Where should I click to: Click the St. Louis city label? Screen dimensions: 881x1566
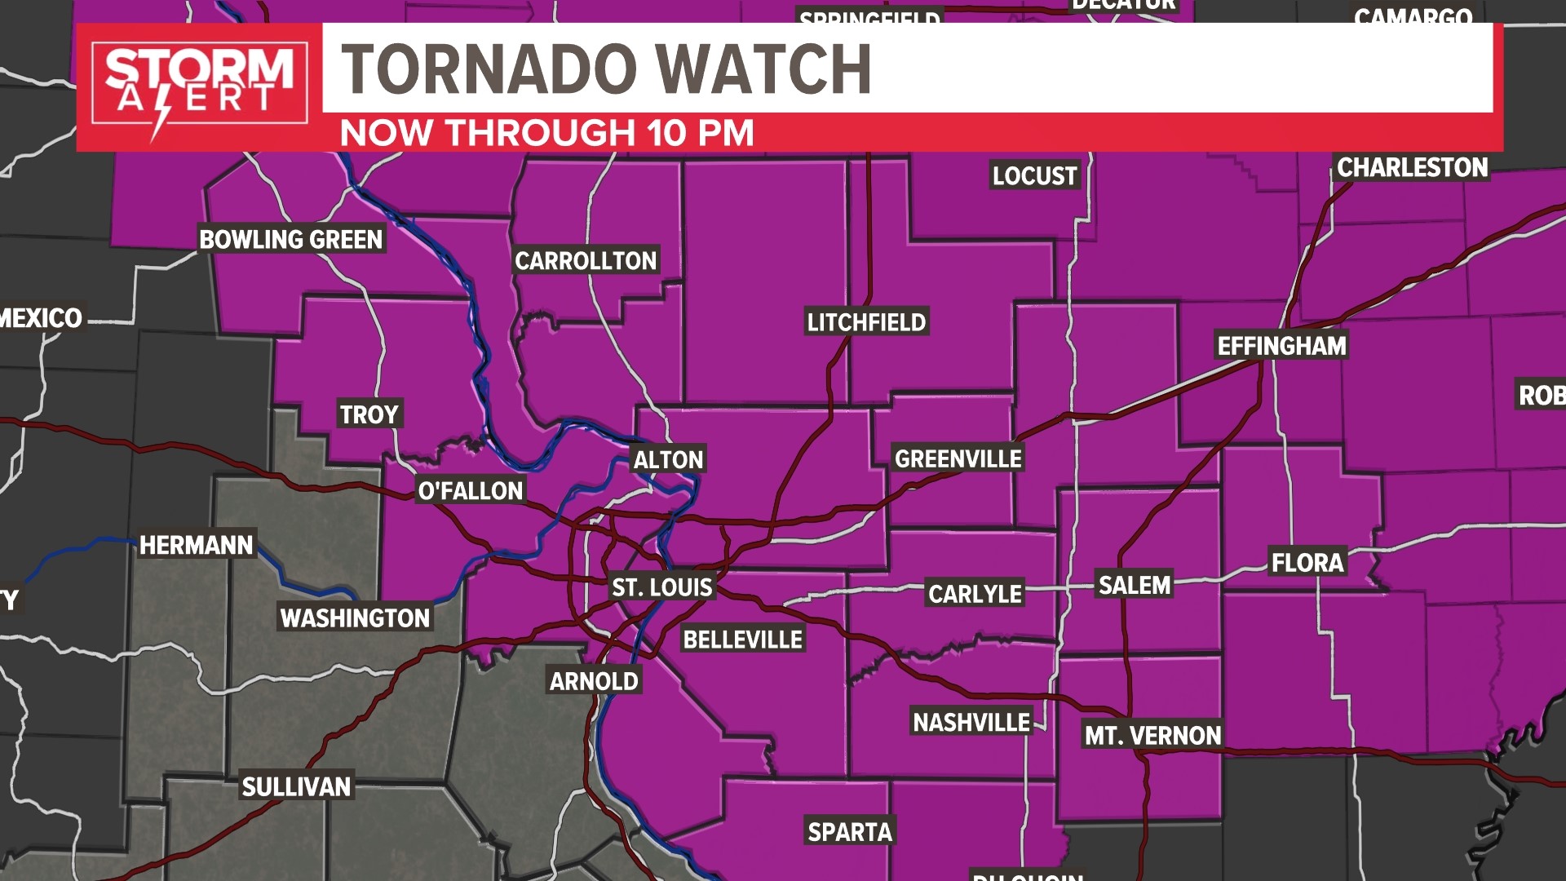(x=661, y=587)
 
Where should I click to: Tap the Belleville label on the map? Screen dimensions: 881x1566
(x=742, y=640)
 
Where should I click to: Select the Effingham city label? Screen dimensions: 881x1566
(x=1281, y=346)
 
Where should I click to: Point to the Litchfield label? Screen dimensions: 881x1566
(x=866, y=322)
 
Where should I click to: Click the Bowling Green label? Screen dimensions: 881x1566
(x=291, y=239)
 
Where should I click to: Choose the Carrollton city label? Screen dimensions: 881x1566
(x=586, y=261)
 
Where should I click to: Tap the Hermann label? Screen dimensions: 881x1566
(x=197, y=545)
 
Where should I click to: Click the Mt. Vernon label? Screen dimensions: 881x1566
(x=1152, y=736)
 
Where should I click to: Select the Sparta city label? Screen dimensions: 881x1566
(x=850, y=832)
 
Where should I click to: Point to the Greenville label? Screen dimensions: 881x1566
(x=958, y=459)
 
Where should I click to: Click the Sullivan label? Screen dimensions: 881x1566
(x=296, y=786)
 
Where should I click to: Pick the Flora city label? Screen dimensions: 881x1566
(x=1307, y=563)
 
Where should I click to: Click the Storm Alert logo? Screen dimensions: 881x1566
(x=199, y=86)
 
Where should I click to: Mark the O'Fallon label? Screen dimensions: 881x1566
(x=471, y=490)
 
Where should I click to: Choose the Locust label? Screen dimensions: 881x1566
(x=1034, y=175)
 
